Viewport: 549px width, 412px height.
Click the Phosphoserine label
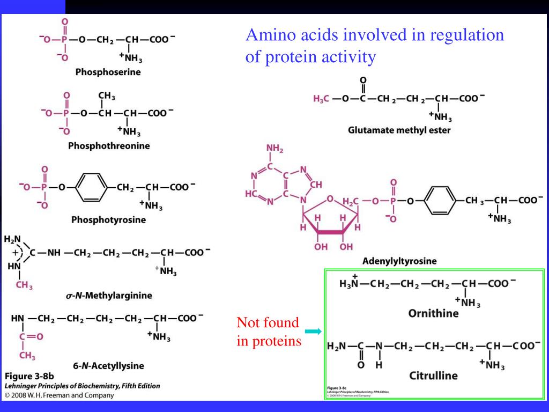108,72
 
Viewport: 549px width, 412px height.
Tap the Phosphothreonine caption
109,146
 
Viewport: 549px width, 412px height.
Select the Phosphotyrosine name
108,219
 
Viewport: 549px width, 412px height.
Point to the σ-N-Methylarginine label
109,295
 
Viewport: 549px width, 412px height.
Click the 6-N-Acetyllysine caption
108,366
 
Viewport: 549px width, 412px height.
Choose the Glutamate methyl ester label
399,130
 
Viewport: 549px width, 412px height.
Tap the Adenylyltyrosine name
399,261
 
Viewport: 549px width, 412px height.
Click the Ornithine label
433,313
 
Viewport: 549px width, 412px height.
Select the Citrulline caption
433,375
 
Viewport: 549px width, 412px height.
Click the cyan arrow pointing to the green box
313,332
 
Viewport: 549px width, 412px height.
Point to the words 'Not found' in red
268,323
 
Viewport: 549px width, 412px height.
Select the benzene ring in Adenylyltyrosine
440,201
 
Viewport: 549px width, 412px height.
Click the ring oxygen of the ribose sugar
330,200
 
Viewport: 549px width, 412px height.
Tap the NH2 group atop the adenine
274,149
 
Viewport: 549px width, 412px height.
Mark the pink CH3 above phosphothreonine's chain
106,97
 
